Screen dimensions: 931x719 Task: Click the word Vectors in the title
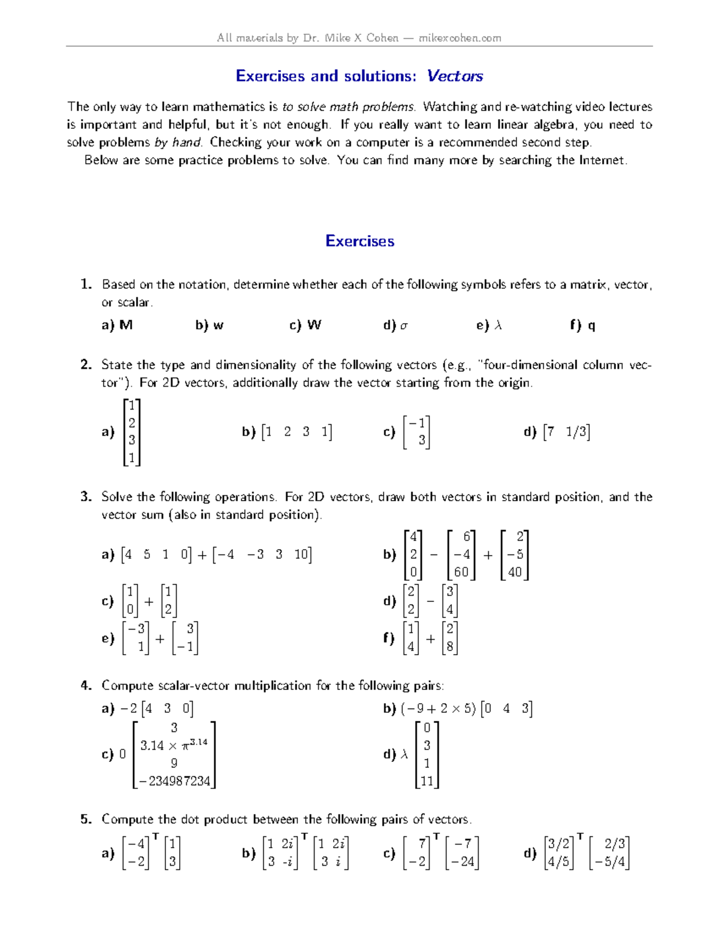tap(455, 76)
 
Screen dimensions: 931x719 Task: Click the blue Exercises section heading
tap(359, 241)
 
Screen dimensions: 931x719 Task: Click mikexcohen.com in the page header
tap(460, 38)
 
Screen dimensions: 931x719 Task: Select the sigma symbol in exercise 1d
tap(404, 326)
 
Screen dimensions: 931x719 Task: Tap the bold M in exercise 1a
tap(126, 325)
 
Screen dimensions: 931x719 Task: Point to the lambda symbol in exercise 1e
tap(498, 326)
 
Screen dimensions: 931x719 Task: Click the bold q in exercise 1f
tap(591, 326)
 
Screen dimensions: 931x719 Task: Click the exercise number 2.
tap(86, 364)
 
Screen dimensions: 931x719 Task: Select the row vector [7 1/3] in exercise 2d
tap(566, 432)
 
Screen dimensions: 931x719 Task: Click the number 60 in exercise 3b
tap(461, 572)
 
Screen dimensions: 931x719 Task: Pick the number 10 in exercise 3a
tap(301, 554)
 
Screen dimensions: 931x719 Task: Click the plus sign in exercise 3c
tap(149, 601)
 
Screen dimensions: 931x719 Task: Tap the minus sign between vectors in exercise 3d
tap(430, 601)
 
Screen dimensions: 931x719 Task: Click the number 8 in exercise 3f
tap(450, 647)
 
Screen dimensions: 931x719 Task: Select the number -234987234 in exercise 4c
tap(174, 781)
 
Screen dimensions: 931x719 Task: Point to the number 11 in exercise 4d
tap(427, 781)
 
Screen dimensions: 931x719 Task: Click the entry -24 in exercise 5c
tap(462, 861)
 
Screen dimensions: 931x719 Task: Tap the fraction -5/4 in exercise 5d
tap(610, 861)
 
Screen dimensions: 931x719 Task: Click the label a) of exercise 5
tap(108, 853)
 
